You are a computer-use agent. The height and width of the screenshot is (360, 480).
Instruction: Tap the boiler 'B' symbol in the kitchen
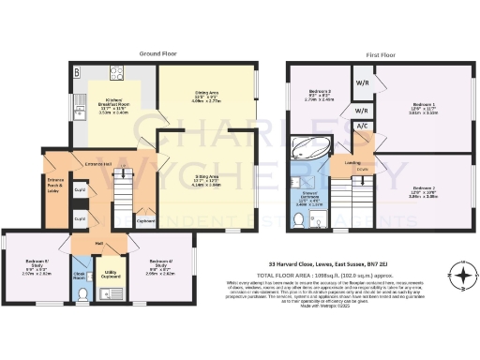click(76, 71)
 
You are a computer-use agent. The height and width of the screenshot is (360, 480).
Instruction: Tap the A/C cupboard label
click(361, 126)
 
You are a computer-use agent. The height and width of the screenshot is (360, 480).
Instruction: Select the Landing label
click(352, 161)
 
